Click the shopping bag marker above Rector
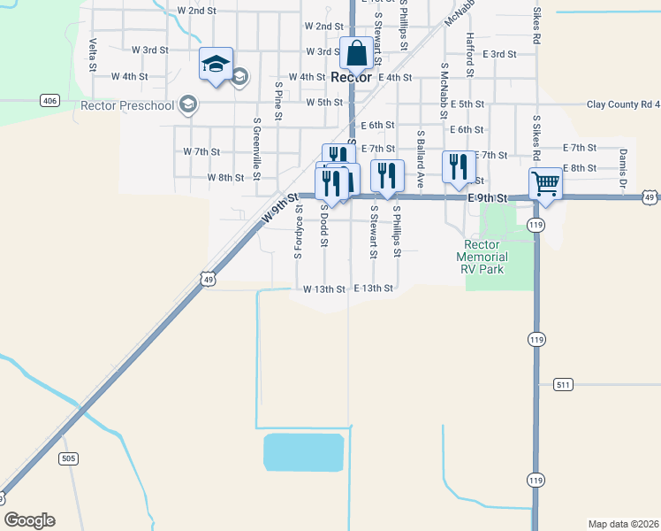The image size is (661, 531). pyautogui.click(x=356, y=54)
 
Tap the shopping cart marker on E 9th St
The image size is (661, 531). pyautogui.click(x=545, y=183)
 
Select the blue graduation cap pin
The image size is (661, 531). pyautogui.click(x=216, y=64)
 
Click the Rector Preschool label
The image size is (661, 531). pyautogui.click(x=127, y=105)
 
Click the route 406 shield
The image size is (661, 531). pyautogui.click(x=49, y=101)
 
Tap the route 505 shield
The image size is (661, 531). pyautogui.click(x=69, y=458)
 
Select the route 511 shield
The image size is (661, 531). pyautogui.click(x=565, y=385)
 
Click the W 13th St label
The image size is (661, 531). pyautogui.click(x=323, y=289)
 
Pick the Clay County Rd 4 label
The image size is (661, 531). pyautogui.click(x=623, y=104)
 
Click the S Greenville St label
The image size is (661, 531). pyautogui.click(x=256, y=149)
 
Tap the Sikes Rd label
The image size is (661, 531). pyautogui.click(x=536, y=27)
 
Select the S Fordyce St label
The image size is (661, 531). pyautogui.click(x=298, y=232)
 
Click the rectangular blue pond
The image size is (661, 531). pyautogui.click(x=303, y=452)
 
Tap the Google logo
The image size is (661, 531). pyautogui.click(x=29, y=520)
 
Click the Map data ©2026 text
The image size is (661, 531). pyautogui.click(x=624, y=523)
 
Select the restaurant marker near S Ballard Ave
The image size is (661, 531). pyautogui.click(x=458, y=166)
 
